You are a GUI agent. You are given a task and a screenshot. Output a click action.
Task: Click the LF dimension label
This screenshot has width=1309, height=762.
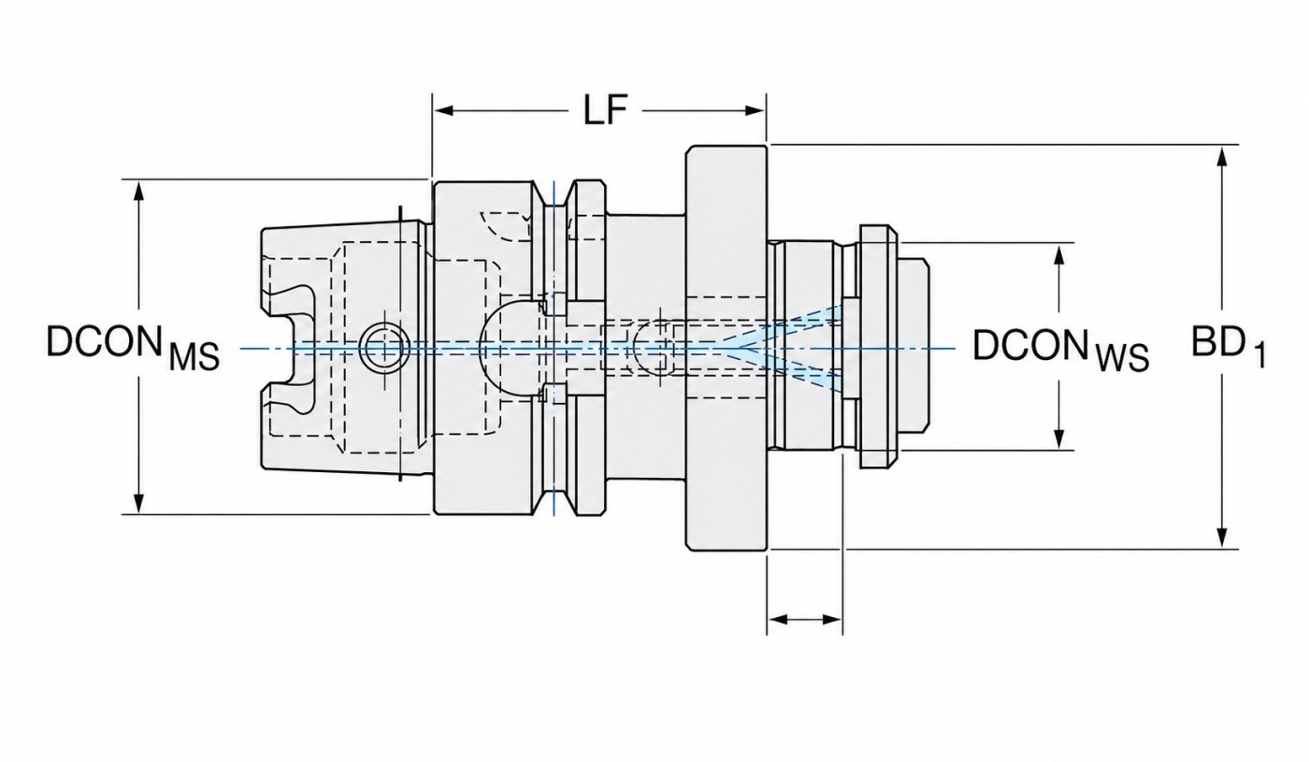pos(605,110)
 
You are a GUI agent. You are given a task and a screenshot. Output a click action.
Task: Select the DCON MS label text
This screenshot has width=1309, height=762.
pos(133,347)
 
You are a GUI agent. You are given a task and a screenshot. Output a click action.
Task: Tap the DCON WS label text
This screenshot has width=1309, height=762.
pos(1060,350)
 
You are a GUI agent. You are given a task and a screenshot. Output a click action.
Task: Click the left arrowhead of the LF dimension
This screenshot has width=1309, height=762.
pos(443,110)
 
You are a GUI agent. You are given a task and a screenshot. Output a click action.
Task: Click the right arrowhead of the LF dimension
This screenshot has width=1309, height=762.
pos(754,110)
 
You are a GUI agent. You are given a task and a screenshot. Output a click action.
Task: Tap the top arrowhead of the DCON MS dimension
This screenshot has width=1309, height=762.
pos(138,192)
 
